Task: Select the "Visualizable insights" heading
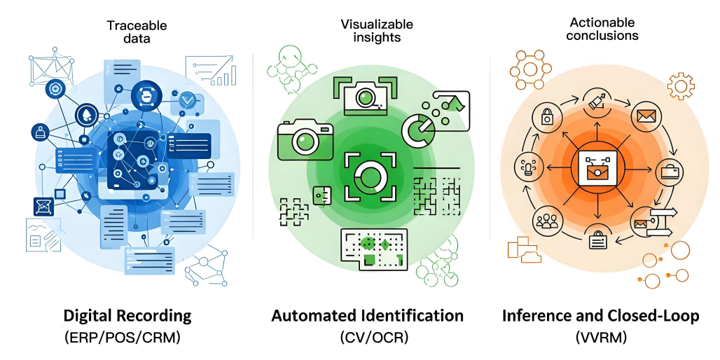[x=377, y=31]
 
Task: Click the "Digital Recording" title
[x=127, y=315]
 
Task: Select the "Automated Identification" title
[x=367, y=316]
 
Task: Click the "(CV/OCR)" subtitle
[x=371, y=338]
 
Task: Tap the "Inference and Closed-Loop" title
[x=600, y=316]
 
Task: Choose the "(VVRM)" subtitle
[x=600, y=338]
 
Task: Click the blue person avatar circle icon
[x=39, y=131]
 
